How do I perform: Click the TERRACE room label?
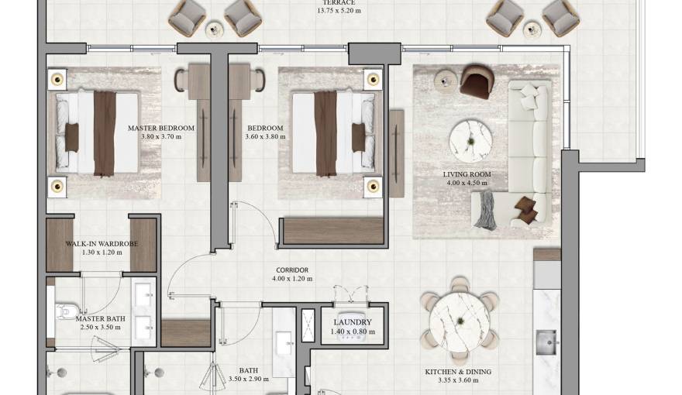tap(339, 2)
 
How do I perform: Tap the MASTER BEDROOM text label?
tap(160, 128)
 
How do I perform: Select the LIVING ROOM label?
tap(467, 174)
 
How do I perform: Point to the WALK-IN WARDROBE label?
tap(101, 243)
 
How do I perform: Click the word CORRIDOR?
tap(291, 270)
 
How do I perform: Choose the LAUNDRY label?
tap(353, 322)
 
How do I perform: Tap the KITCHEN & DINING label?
tap(457, 373)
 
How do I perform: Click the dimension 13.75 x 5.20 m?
tap(339, 12)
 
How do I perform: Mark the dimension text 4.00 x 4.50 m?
tap(467, 184)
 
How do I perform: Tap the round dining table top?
tap(460, 320)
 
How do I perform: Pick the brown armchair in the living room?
tap(476, 83)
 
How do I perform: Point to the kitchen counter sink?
tap(547, 341)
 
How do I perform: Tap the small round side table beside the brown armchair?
tap(444, 78)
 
